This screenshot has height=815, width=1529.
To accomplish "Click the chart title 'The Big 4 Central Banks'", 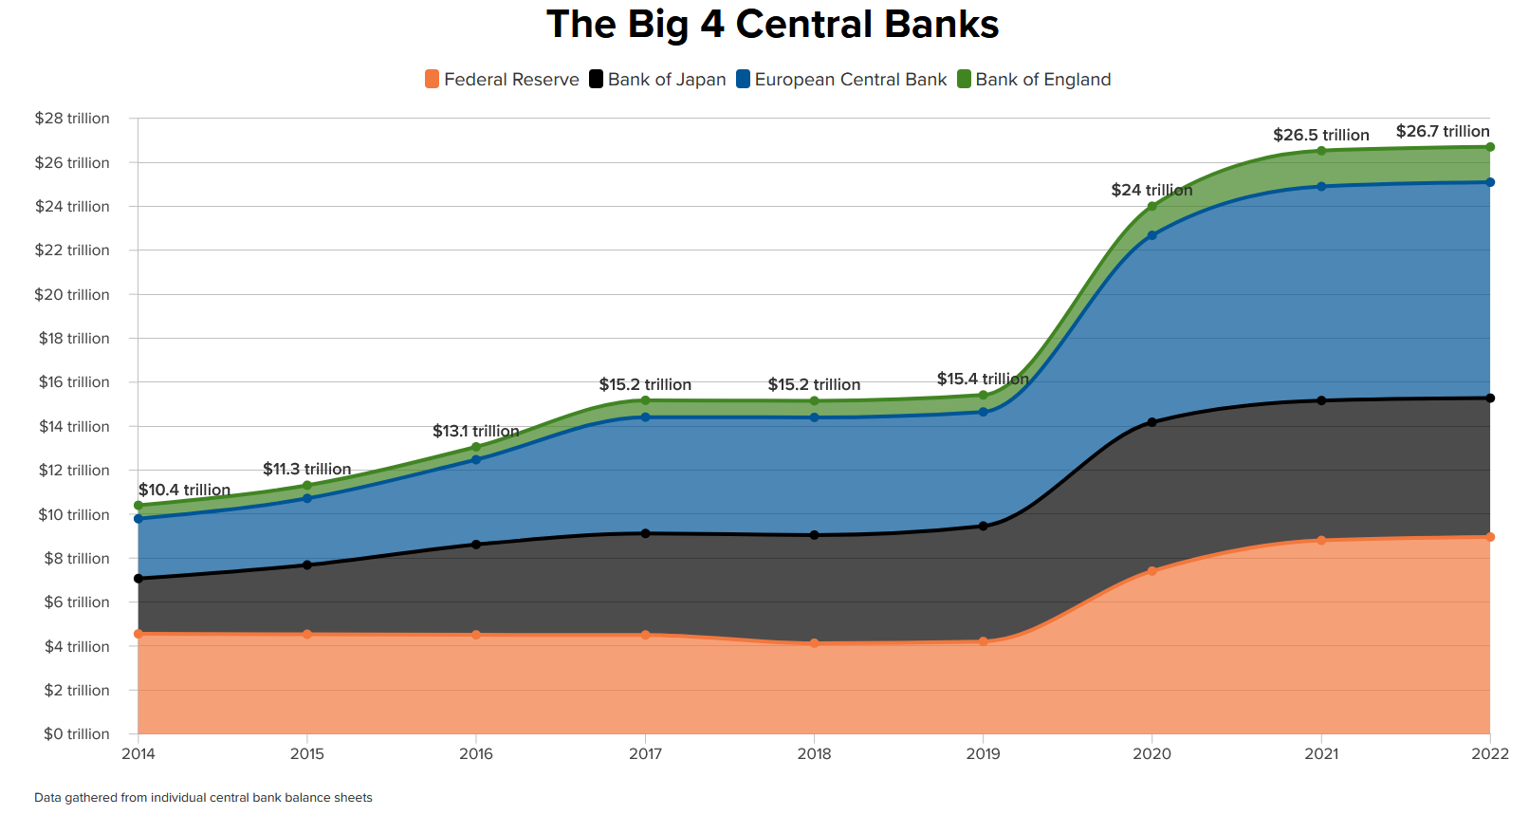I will pos(772,25).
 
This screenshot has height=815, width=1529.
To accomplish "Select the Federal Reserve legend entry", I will pos(502,80).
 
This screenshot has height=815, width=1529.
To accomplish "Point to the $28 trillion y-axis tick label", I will pos(72,119).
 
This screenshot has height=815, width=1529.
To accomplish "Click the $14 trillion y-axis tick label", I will pos(74,426).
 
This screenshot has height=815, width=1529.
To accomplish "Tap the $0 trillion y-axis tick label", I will pos(76,733).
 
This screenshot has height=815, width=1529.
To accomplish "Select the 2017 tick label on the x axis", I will pos(645,754).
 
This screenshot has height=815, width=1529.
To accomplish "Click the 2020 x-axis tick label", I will pos(1151,754).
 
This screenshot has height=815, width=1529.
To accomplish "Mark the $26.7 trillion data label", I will pos(1442,132).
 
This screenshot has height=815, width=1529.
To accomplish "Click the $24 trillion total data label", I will pos(1151,190).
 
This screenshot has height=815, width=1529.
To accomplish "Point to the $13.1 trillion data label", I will pos(475,432).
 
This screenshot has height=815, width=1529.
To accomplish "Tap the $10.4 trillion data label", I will pos(184,490).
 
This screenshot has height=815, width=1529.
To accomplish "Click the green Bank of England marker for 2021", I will pos(1321,151).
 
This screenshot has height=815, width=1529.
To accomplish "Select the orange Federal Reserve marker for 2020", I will pos(1152,571).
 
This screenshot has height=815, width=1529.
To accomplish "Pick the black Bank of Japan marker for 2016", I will pos(476,545).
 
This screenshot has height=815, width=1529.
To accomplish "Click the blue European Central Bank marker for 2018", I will pos(814,417).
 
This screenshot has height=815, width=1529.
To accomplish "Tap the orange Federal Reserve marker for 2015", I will pos(307,634).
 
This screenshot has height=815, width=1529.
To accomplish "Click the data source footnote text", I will pos(203,798).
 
